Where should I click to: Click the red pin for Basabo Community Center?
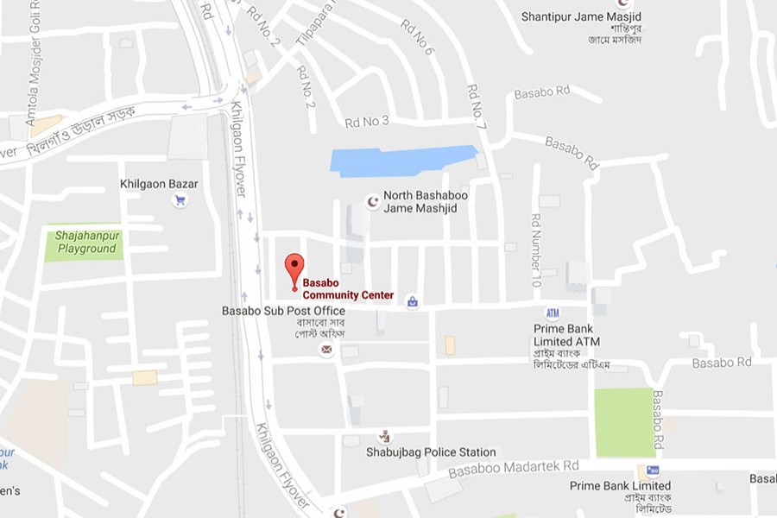pos(294,268)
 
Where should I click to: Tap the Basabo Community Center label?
pos(348,289)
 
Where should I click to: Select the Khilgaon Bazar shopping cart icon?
pos(180,200)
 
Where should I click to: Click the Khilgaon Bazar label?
pos(159,184)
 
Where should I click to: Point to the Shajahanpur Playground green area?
pos(84,243)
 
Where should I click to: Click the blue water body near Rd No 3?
pos(402,161)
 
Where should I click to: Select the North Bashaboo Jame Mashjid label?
pos(426,201)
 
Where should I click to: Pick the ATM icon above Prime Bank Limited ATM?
pos(553,313)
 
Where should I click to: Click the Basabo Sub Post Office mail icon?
pos(326,349)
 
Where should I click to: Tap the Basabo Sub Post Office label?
pos(283,311)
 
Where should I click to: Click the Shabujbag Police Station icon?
pos(384,437)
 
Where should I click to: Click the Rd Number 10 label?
pos(535,250)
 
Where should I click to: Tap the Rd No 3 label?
pos(367,121)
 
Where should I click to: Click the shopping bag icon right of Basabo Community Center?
pos(413,301)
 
